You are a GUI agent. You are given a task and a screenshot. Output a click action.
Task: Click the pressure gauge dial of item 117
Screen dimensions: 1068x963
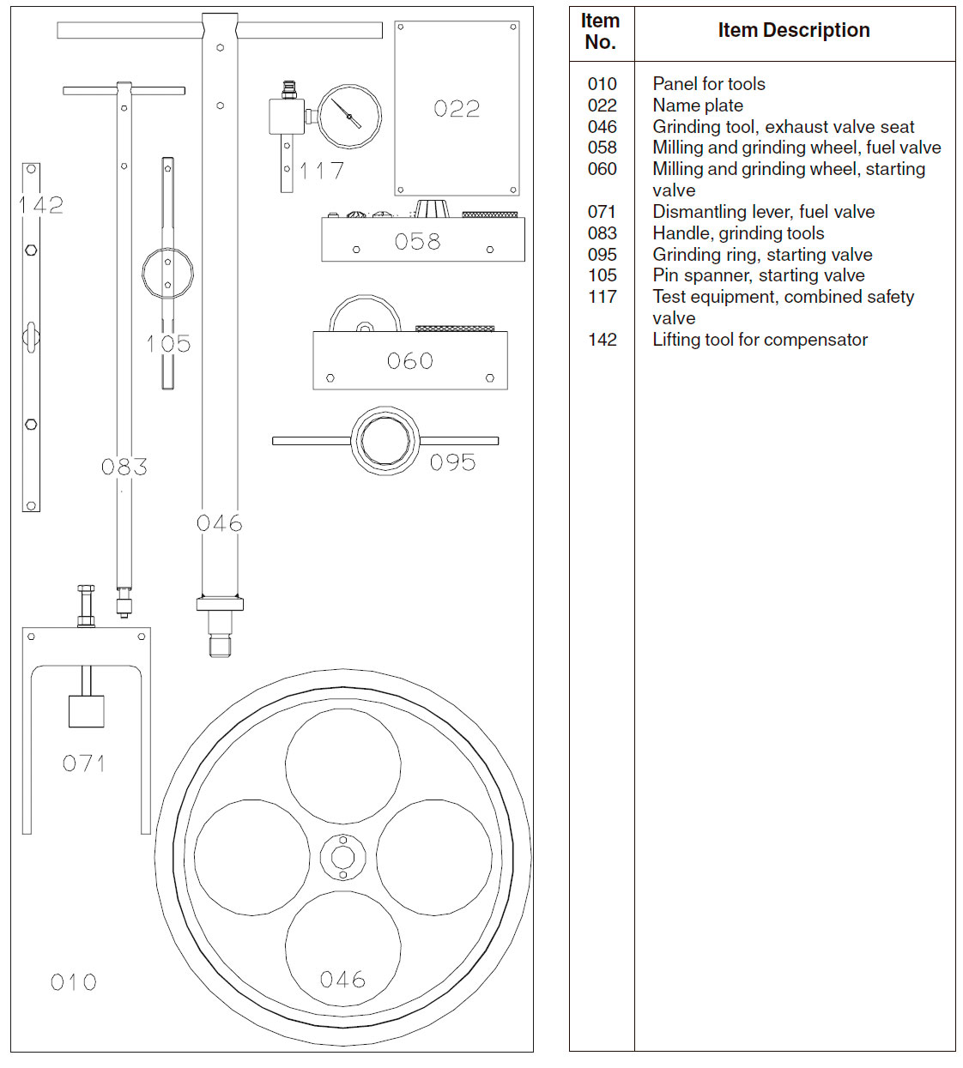[349, 117]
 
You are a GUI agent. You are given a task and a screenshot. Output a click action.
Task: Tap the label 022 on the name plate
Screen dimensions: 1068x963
[457, 109]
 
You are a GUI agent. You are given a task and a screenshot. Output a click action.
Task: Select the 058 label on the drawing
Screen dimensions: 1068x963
[418, 242]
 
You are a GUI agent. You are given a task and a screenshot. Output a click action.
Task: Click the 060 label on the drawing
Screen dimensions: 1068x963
[410, 361]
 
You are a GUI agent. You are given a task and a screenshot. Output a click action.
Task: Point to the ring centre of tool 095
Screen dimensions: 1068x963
[385, 441]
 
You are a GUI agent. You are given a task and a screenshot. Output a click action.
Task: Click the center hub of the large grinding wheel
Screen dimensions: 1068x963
[343, 857]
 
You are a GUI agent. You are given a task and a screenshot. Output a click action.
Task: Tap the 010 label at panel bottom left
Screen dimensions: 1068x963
[74, 982]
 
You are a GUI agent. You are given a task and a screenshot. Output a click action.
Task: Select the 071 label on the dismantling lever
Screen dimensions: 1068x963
[84, 763]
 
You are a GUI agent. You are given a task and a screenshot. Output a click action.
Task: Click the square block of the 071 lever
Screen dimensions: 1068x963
[86, 711]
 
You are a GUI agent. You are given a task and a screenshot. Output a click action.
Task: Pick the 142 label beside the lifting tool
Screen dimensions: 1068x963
[42, 205]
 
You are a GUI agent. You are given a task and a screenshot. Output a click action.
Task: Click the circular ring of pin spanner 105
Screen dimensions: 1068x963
[167, 273]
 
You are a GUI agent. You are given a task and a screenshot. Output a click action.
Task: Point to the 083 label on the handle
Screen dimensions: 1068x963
[124, 468]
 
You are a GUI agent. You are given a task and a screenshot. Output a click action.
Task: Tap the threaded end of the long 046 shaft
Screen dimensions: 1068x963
[221, 644]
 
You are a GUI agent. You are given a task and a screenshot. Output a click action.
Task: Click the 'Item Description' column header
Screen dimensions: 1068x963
[794, 31]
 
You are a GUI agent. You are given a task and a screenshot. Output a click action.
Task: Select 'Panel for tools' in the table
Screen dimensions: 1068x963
[709, 84]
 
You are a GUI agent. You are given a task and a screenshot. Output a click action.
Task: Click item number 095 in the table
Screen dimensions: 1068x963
[603, 255]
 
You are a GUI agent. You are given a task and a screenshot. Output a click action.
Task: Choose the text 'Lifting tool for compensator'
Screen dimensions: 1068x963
[760, 340]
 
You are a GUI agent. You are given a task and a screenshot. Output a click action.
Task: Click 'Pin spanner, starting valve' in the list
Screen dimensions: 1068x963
[759, 275]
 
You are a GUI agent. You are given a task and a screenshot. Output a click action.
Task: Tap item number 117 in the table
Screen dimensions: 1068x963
[603, 297]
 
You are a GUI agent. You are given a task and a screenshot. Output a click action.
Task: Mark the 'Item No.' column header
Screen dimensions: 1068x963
[601, 32]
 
